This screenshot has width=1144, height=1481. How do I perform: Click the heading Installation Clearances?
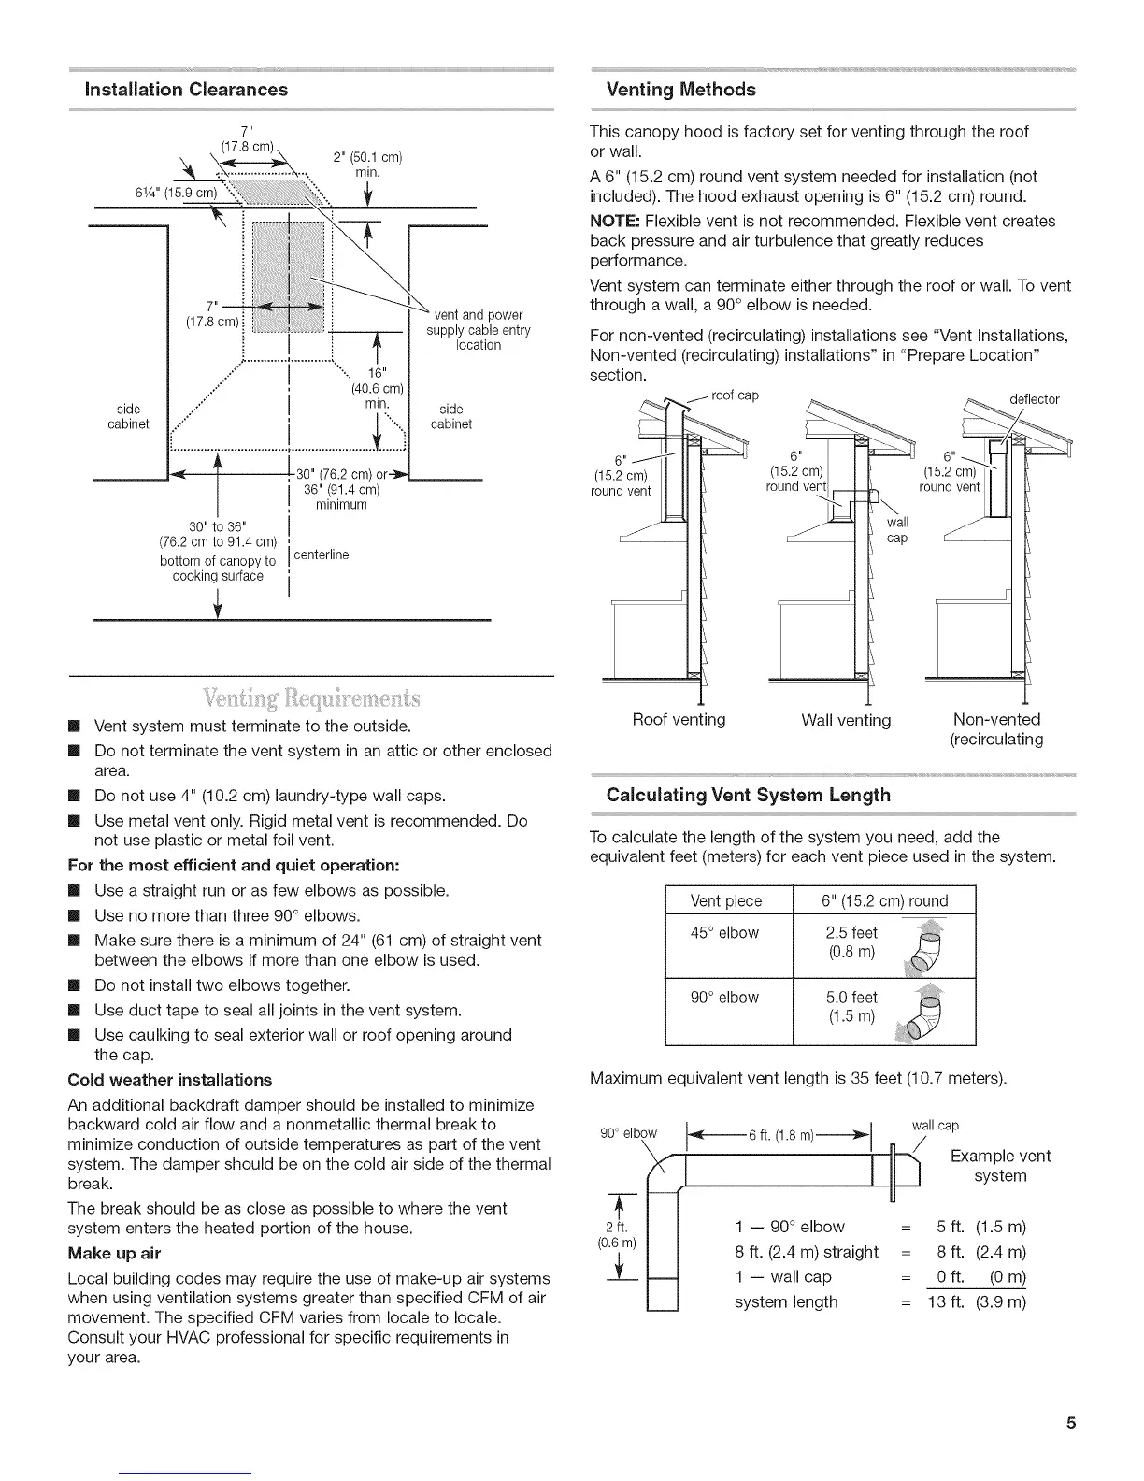pos(186,90)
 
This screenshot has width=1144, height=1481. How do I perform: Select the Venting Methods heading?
pos(680,90)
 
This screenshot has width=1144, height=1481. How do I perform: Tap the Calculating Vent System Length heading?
pos(748,796)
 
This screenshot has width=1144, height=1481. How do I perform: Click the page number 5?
pos(1070,1424)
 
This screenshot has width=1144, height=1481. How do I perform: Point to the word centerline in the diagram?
pos(321,554)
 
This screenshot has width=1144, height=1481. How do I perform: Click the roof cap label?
pos(735,395)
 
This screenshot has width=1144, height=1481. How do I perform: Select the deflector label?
pos(1035,399)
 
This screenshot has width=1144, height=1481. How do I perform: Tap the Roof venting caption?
pos(679,719)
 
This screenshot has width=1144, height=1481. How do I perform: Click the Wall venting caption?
pos(846,720)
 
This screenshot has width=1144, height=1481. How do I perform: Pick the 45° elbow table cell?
pos(725,932)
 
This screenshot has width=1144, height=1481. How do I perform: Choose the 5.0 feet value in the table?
pos(851,998)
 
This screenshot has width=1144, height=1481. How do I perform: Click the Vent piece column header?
pos(725,900)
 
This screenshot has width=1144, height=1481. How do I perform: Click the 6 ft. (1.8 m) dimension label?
pos(781,1135)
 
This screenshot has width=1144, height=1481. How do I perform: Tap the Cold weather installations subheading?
pos(170,1079)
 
